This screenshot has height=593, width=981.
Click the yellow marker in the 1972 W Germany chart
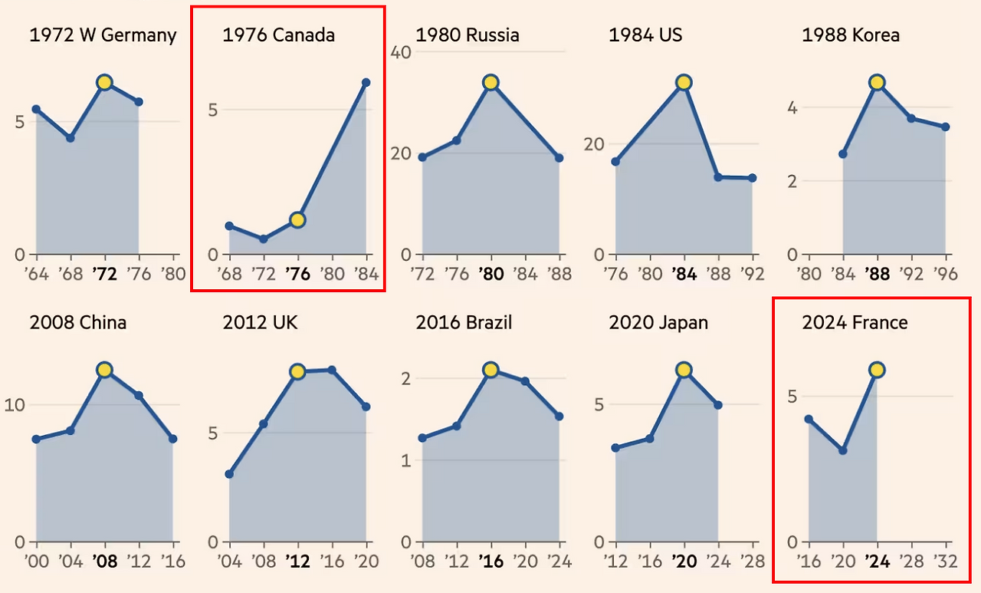pos(105,83)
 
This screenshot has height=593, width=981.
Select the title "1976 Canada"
pos(278,35)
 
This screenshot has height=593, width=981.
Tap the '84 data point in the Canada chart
pos(366,82)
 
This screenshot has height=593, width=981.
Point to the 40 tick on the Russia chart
pos(402,52)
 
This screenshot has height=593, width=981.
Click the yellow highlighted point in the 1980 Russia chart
pos(491,82)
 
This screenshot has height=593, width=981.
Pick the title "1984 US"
pos(645,35)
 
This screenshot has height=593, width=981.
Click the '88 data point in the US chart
pos(718,177)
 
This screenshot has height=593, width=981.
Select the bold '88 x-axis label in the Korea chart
pos(877,275)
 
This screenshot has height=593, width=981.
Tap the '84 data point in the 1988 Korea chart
pos(843,154)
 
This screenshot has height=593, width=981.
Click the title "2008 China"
pos(77,323)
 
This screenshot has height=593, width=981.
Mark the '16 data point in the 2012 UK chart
pos(332,370)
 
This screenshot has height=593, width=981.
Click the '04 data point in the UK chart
pos(229,474)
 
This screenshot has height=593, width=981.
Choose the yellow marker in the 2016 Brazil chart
pos(491,370)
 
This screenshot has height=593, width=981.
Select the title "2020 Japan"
pos(658,323)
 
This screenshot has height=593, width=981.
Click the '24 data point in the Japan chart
pos(718,405)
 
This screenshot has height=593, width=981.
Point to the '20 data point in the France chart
pos(843,450)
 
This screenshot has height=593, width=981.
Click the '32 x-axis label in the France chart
pos(945,562)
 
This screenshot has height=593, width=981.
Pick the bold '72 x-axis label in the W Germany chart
pos(104,275)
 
